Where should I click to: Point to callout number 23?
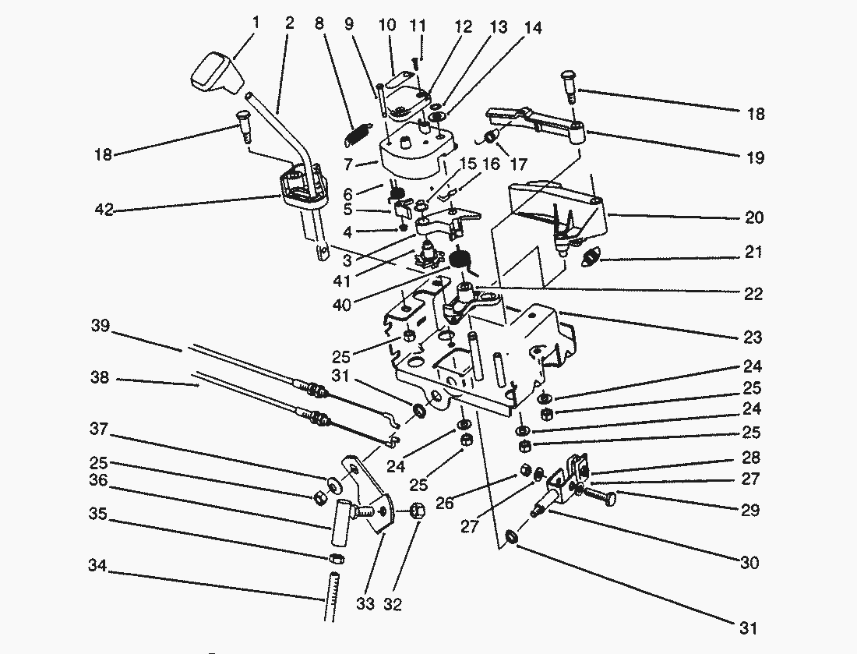click(x=753, y=338)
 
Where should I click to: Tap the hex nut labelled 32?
click(x=416, y=511)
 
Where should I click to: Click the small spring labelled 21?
click(x=595, y=254)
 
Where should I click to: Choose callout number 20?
click(x=753, y=217)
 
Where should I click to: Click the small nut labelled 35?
click(x=336, y=558)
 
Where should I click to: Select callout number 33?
click(x=365, y=604)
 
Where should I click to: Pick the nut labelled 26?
click(x=525, y=470)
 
